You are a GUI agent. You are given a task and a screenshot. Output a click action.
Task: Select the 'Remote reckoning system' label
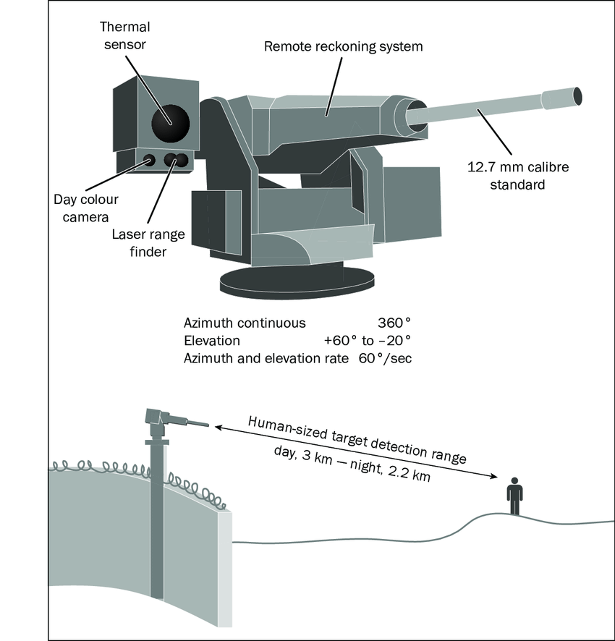343,47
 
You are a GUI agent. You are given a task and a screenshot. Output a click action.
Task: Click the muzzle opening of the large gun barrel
577,95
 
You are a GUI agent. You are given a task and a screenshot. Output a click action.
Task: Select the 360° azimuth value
394,323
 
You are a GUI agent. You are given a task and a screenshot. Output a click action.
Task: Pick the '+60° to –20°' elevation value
368,341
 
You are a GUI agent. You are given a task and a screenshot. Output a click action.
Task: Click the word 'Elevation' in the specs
212,341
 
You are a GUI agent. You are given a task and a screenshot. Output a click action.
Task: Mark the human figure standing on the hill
514,496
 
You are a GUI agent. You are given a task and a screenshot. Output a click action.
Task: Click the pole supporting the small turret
156,506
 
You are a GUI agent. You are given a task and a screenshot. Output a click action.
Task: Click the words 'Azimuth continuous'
245,323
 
